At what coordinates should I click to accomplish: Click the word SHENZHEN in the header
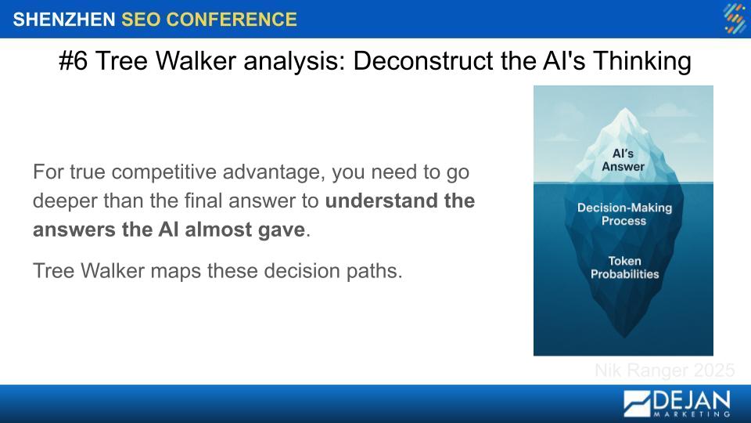(64, 20)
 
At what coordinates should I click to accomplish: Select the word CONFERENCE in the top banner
(232, 20)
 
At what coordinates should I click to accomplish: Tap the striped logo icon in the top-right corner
(735, 18)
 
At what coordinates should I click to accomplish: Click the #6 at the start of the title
(74, 61)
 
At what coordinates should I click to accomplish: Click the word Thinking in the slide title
(641, 62)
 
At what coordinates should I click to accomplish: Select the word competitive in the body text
(163, 172)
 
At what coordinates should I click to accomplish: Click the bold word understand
(381, 201)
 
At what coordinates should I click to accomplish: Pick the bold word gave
(282, 230)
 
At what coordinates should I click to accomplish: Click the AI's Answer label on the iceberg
(623, 160)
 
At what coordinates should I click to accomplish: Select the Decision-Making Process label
(624, 215)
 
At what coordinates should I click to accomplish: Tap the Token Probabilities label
(624, 268)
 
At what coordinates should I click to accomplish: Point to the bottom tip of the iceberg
(623, 337)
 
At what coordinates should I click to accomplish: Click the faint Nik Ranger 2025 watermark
(665, 371)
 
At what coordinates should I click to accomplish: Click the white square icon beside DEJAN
(637, 404)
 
